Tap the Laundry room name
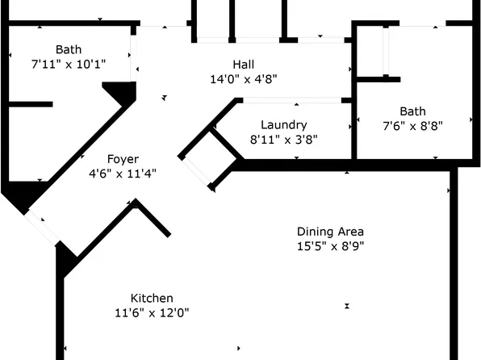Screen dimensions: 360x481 tap(283, 125)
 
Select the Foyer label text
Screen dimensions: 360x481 tap(123, 159)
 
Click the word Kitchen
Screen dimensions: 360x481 tap(152, 298)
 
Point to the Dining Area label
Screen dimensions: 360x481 tap(331, 232)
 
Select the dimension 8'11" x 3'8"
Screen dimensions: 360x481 tap(283, 139)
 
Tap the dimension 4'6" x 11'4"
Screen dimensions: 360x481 tap(123, 173)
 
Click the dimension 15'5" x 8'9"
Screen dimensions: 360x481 tap(331, 246)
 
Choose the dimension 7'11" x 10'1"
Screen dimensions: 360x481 tap(69, 63)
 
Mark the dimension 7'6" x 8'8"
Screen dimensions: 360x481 tap(412, 125)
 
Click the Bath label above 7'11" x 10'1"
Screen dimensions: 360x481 tap(69, 49)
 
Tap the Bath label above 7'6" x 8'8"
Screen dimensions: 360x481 tap(412, 111)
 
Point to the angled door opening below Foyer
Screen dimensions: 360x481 tap(43, 227)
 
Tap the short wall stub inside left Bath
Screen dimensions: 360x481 tap(31, 104)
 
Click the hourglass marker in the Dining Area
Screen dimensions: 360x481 tap(347, 306)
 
